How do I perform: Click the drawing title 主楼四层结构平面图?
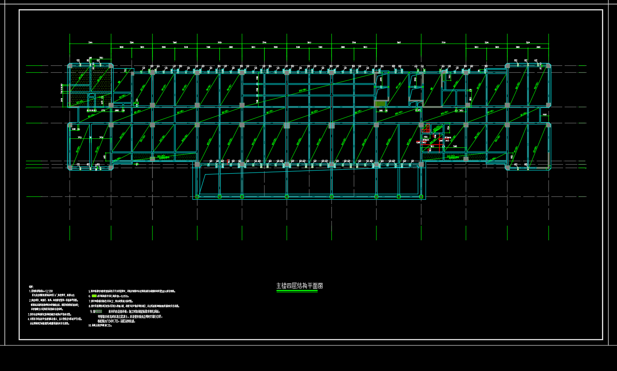[x=299, y=286]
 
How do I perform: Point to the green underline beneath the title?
[x=297, y=291]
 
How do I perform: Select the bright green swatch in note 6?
[x=94, y=296]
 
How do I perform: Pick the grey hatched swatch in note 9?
[x=98, y=311]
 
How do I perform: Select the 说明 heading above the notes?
[x=31, y=287]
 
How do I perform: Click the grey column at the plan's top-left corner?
[x=70, y=65]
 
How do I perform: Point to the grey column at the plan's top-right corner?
[x=548, y=65]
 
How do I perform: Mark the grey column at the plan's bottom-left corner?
[x=70, y=167]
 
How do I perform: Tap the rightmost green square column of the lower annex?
[x=421, y=197]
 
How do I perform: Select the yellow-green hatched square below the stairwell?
[x=379, y=104]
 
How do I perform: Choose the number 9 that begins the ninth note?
[x=91, y=311]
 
